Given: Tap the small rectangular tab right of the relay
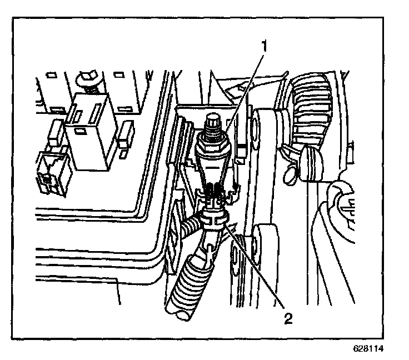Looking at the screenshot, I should click(124, 134).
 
